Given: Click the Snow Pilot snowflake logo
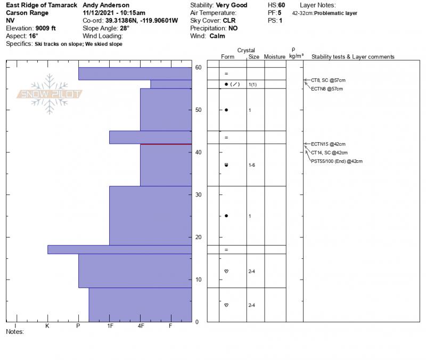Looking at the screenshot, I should [50, 94].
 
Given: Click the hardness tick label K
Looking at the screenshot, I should [47, 325].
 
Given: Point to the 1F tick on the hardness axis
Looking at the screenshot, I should [110, 325].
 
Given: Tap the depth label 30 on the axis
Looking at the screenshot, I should [198, 195].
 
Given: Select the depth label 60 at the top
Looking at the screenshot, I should [198, 68].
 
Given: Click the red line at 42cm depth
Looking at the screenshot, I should [166, 144].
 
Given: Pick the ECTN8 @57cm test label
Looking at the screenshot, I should [327, 88].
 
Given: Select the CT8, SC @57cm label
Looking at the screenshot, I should [327, 80].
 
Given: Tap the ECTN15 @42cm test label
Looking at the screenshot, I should [328, 144].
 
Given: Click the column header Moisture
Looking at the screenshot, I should [275, 57].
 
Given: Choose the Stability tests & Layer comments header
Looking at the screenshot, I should [353, 57].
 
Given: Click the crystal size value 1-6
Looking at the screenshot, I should [252, 165].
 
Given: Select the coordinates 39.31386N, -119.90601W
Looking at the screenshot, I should [141, 20].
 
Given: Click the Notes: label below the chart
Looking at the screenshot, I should [15, 331].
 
